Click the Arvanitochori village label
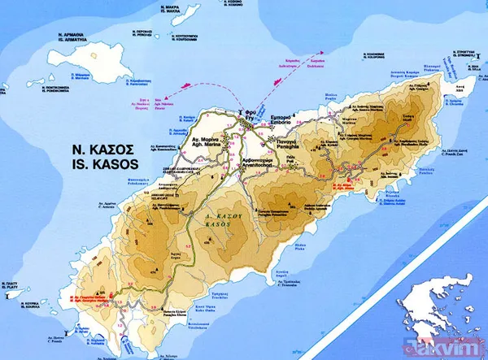pos(248,162)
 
